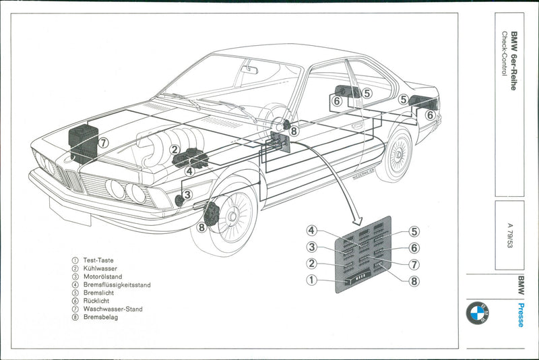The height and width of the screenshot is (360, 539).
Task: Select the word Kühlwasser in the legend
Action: click(100, 268)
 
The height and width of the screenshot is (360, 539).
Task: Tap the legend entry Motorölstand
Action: click(102, 276)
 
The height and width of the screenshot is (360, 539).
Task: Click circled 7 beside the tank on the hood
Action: click(102, 143)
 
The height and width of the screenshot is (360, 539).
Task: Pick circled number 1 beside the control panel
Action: click(311, 280)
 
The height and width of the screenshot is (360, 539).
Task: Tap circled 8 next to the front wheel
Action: click(201, 227)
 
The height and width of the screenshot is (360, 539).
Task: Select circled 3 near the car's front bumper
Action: click(187, 195)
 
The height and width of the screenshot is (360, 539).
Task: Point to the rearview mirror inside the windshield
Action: click(250, 69)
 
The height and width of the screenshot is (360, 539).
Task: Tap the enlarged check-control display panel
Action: click(363, 256)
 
